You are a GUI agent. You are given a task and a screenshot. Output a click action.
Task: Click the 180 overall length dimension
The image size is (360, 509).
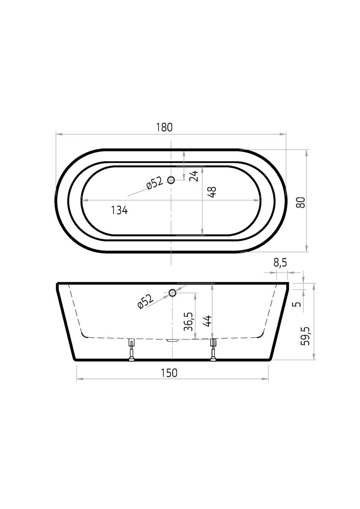[164, 127]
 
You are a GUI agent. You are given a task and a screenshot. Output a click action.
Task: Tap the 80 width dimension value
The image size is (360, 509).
[301, 202]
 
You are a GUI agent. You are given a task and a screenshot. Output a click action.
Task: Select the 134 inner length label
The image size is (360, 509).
[119, 210]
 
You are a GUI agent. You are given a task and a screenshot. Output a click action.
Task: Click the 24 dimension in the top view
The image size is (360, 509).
[194, 176]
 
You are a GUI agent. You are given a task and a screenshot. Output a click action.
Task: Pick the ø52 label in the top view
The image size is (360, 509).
[154, 183]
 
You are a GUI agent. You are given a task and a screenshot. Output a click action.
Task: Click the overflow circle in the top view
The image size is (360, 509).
[171, 180]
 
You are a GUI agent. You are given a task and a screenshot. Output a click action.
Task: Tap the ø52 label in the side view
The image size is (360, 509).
[145, 302]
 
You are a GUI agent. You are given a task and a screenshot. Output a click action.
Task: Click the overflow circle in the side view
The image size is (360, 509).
[173, 293]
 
